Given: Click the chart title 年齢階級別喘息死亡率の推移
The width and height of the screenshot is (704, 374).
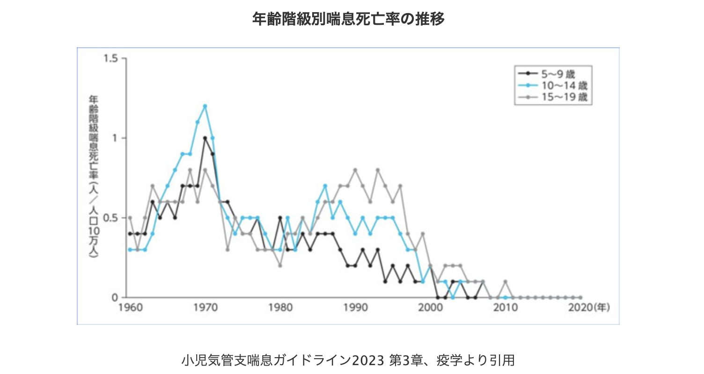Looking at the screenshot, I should click(x=348, y=20).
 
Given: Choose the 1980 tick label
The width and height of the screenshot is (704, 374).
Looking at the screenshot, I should click(x=280, y=309).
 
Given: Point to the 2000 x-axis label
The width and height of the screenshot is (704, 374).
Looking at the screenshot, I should click(x=430, y=309).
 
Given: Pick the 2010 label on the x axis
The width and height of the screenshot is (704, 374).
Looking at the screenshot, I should click(x=506, y=309).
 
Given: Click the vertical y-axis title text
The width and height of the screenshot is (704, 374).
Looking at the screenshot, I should click(x=93, y=178).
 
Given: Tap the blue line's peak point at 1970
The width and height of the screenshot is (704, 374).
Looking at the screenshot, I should click(x=205, y=106).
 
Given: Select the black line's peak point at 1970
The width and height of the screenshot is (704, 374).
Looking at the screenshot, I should click(x=205, y=138).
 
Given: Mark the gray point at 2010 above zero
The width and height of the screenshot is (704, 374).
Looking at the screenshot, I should click(x=506, y=281).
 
